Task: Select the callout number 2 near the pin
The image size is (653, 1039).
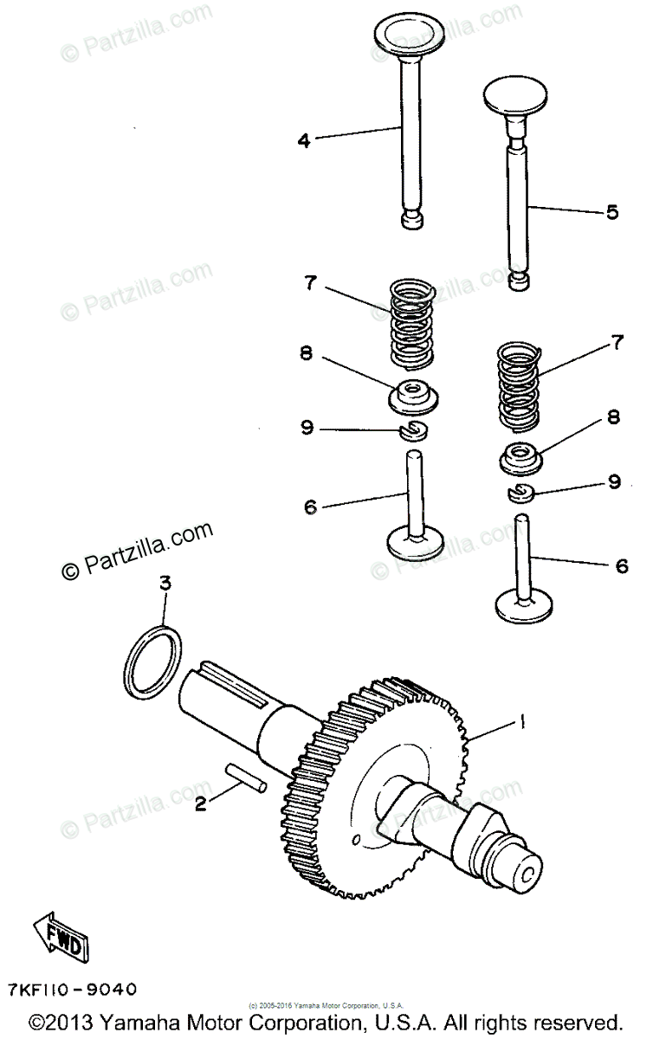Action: [x=201, y=804]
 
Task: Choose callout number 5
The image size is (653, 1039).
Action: [x=612, y=211]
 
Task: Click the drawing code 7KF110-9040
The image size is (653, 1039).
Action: [x=71, y=989]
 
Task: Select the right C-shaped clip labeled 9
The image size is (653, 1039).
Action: [x=521, y=493]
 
